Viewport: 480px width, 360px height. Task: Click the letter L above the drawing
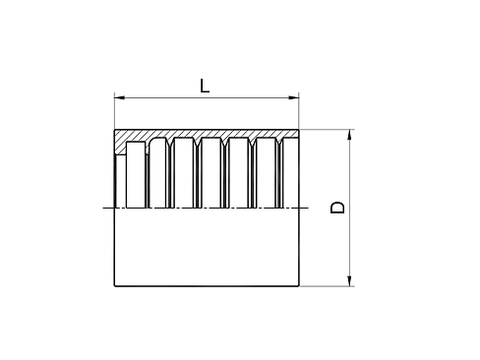205,86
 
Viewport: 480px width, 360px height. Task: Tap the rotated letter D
337,208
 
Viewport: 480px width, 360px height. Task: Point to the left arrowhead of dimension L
120,96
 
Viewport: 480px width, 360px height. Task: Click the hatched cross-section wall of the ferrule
207,135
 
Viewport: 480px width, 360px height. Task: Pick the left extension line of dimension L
115,110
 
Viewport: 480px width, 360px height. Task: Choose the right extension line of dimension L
299,110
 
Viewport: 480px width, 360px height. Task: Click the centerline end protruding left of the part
106,208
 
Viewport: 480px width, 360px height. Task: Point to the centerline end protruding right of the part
306,208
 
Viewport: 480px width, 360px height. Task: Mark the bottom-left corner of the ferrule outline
115,286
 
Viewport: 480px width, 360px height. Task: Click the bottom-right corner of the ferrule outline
299,286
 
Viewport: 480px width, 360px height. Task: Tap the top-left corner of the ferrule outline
115,130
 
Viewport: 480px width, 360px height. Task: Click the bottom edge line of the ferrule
207,286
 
